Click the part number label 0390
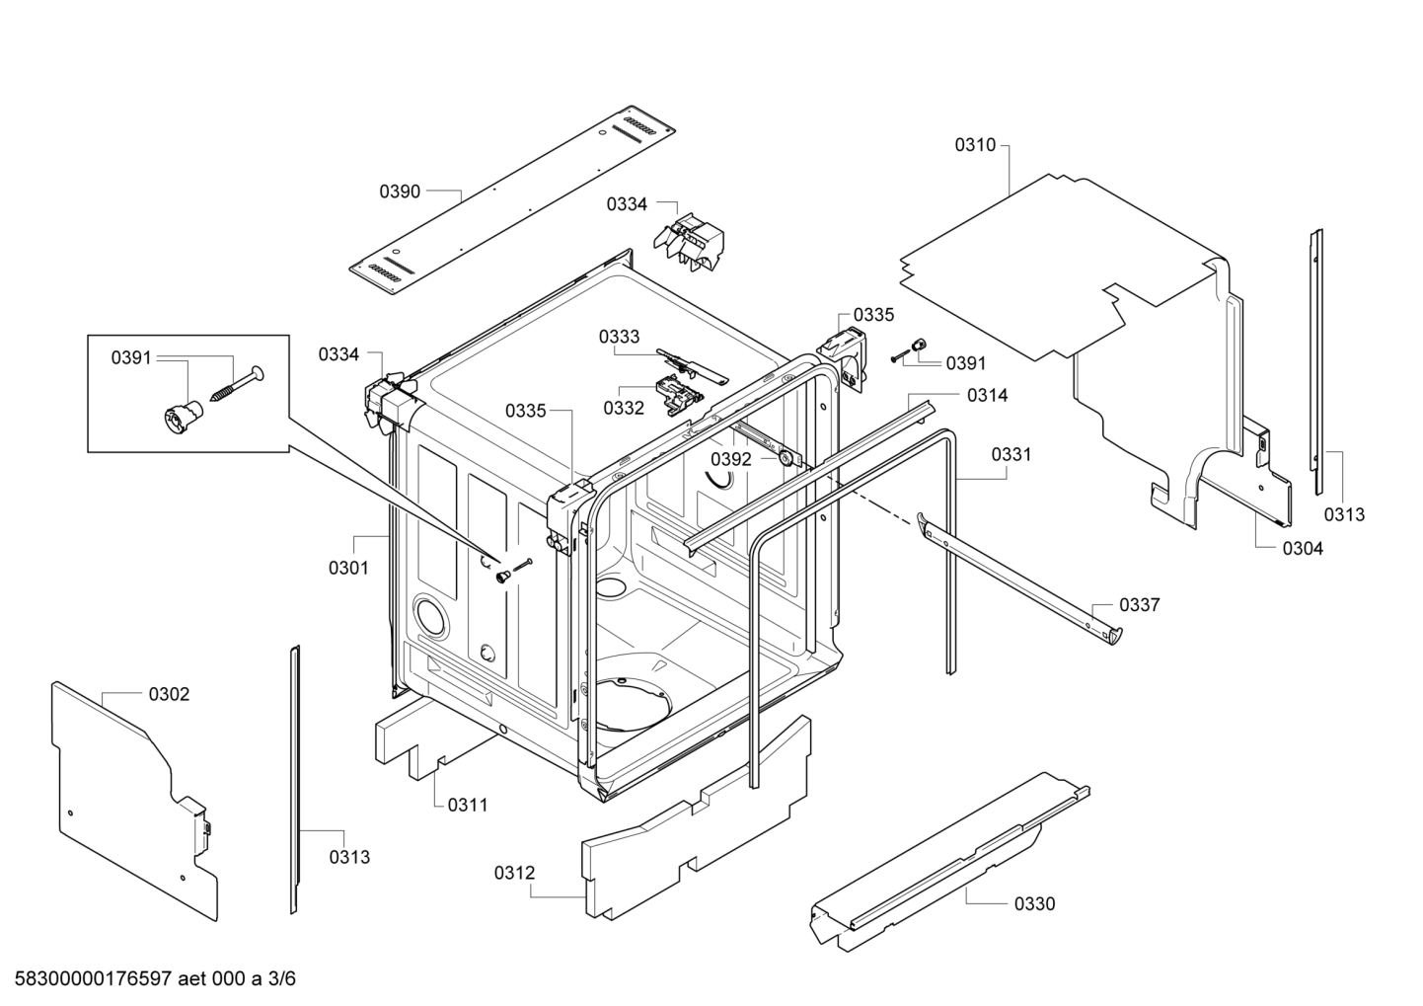pos(400,192)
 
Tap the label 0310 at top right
pos(975,145)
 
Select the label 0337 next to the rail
pos(1139,605)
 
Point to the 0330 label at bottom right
pos(1034,903)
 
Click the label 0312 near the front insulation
pos(514,873)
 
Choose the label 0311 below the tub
pos(468,805)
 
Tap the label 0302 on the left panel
pos(169,694)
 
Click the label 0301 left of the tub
pos(348,568)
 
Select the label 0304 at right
pos(1303,549)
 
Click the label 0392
pos(731,459)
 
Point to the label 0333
pos(619,337)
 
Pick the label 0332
pos(624,407)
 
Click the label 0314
pos(987,395)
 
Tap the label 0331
pos(1011,454)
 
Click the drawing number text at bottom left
pos(149,979)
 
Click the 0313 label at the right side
pos(1344,514)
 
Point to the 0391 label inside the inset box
pos(131,357)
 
